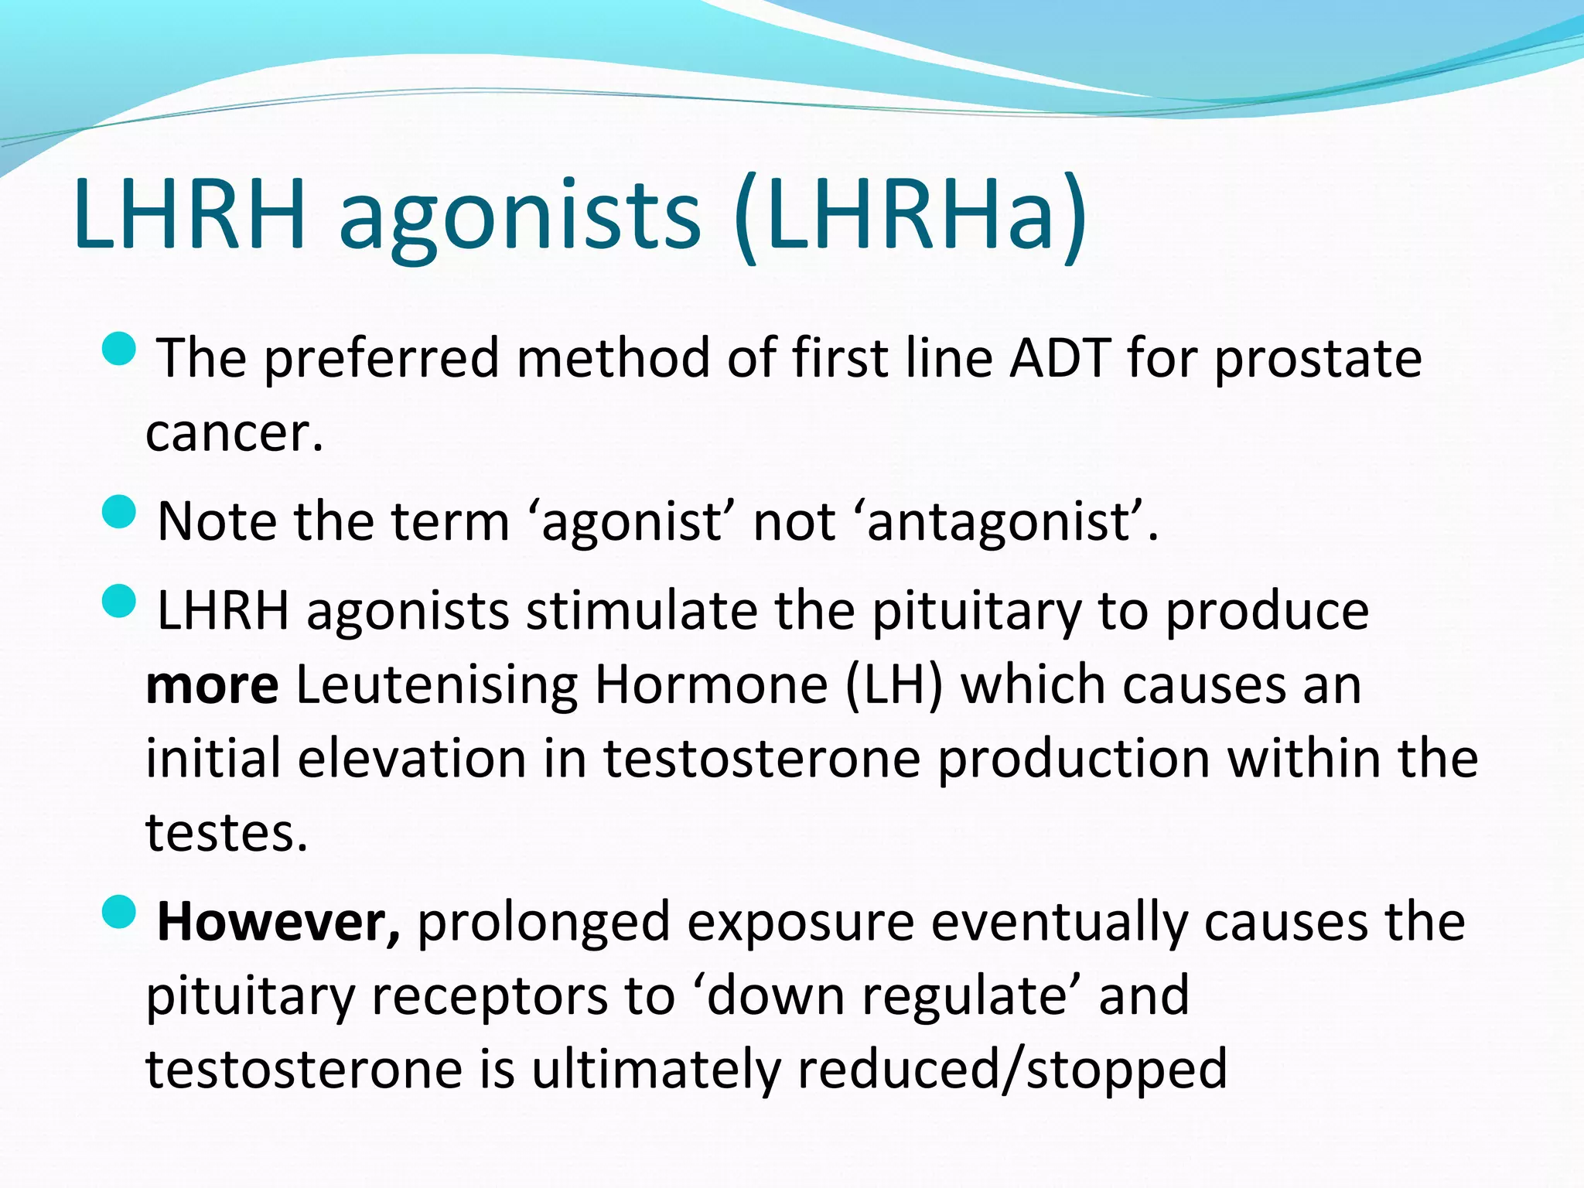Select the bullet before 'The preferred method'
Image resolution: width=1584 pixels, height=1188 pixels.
click(118, 349)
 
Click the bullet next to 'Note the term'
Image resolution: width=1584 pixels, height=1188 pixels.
click(118, 512)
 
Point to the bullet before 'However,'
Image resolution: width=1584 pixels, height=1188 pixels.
click(118, 912)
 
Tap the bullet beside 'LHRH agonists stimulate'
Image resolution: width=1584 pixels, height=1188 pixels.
click(118, 601)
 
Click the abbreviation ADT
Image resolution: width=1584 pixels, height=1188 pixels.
click(1060, 359)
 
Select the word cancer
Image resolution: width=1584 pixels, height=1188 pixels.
click(234, 433)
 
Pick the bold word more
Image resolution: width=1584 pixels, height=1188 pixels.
click(212, 686)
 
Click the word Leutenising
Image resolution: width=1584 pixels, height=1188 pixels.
click(436, 686)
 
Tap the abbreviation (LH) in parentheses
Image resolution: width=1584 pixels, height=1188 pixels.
click(894, 686)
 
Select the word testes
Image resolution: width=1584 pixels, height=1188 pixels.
click(226, 834)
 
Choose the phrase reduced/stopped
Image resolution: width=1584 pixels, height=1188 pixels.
click(1012, 1070)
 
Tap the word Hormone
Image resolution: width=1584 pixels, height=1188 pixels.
click(711, 686)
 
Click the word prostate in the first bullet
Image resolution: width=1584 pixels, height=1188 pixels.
click(1318, 360)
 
